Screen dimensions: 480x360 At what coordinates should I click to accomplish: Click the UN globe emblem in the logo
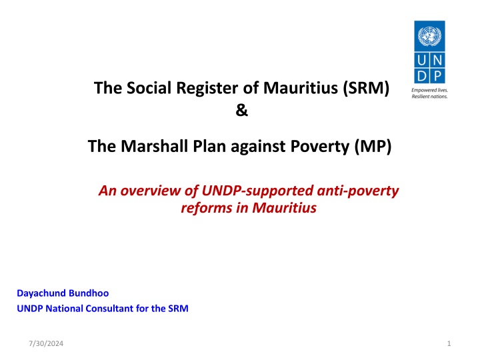tap(429, 36)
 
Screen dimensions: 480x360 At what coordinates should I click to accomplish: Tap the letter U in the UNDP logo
tap(421, 60)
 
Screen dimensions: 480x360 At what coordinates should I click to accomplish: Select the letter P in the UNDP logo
tap(438, 76)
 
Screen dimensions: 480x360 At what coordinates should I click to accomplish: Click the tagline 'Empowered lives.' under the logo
tap(429, 90)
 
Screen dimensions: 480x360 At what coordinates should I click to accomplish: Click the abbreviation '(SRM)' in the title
tap(366, 88)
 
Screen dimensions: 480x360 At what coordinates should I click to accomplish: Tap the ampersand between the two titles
tap(241, 110)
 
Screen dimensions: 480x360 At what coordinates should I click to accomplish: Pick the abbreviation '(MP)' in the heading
tap(373, 146)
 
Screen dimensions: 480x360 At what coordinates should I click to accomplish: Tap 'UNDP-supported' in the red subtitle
tap(257, 191)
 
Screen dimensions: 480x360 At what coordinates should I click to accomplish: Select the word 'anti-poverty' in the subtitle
tap(358, 191)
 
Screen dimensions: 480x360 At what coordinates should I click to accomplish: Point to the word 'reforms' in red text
tap(207, 208)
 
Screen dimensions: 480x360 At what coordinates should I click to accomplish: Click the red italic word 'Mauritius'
tap(285, 208)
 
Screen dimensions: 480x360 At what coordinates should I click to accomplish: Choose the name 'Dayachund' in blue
tap(41, 293)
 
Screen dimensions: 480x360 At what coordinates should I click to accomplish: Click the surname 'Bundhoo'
tap(89, 293)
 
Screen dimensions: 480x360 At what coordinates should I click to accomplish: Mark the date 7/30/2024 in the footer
tap(46, 343)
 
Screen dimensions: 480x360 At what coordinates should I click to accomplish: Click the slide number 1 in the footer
tap(449, 343)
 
